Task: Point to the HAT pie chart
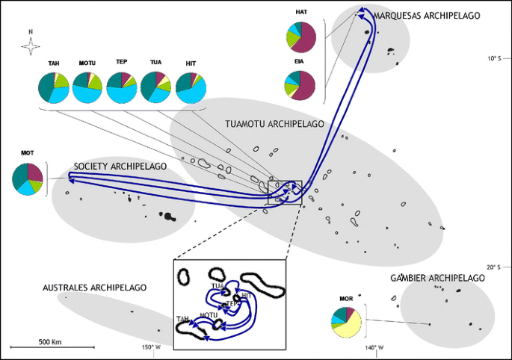301,37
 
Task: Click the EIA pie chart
301,85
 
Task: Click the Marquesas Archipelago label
416,16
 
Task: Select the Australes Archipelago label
95,287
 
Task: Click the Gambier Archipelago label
437,278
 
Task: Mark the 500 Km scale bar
53,347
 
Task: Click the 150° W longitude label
152,347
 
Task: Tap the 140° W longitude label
374,347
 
